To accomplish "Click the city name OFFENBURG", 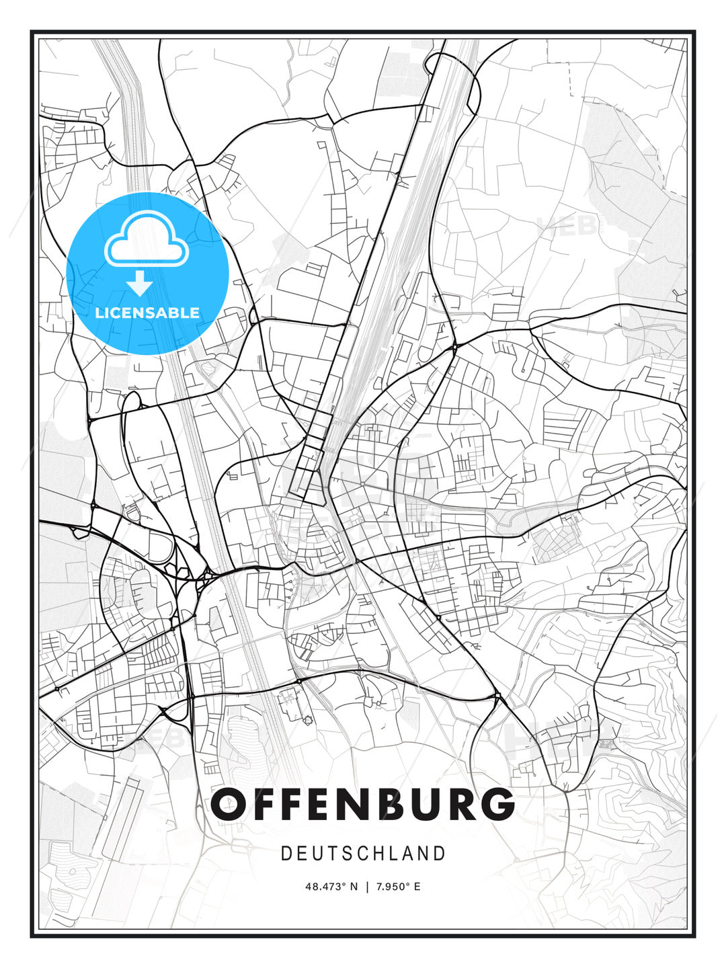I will coord(362,804).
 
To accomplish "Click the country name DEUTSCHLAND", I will coord(363,854).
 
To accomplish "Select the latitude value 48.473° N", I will coord(332,887).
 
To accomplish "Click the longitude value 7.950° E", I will coord(397,887).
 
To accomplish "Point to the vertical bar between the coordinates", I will coord(367,887).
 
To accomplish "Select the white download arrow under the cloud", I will coord(140,283).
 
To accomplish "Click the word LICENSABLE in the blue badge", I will coord(147,313).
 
